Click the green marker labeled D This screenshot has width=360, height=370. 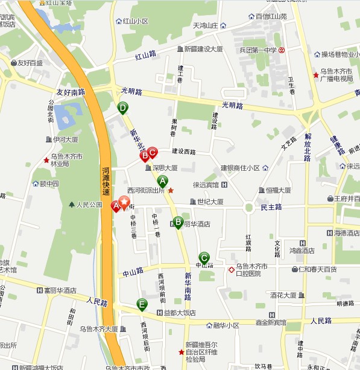pos(122,109)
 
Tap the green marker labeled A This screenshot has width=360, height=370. pos(162,180)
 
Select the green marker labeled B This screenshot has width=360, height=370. pos(178,222)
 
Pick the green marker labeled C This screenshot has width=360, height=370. pos(204,258)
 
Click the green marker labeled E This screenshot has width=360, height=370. pos(142,304)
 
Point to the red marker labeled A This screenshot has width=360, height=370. pos(116,205)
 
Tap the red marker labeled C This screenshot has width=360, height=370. pos(153,153)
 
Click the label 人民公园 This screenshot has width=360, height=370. pos(89,205)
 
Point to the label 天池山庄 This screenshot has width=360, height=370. pos(204,25)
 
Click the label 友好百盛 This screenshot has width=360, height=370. pos(30,63)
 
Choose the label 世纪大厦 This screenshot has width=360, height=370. pos(210,202)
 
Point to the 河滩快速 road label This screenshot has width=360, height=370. pos(106,181)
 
